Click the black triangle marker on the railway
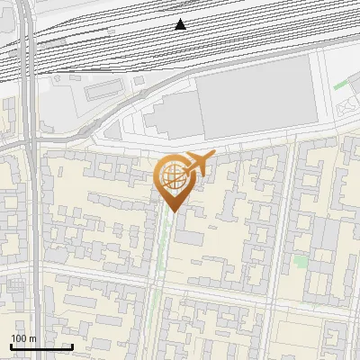(x=181, y=24)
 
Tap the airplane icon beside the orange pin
(x=201, y=164)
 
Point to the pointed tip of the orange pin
(x=172, y=211)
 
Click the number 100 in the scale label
(x=20, y=338)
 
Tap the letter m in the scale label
(x=32, y=338)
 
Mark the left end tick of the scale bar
(x=11, y=346)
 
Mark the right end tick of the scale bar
(x=72, y=346)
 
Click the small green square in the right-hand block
(x=300, y=261)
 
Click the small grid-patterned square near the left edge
(x=15, y=286)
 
